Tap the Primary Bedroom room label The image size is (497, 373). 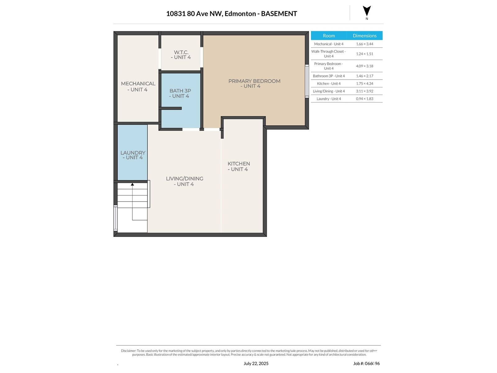[254, 84]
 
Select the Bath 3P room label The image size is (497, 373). [180, 93]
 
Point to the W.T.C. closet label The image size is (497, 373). [181, 55]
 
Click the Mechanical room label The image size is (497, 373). [138, 86]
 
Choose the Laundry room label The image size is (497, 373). [133, 155]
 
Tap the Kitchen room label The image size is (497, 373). [239, 167]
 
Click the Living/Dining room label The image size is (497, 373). [184, 182]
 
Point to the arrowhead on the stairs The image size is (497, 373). [132, 184]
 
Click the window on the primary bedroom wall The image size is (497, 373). [307, 81]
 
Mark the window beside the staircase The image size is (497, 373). [115, 218]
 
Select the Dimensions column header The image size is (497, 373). [364, 36]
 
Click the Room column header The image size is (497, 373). [329, 36]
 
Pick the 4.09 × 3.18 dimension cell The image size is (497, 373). [364, 66]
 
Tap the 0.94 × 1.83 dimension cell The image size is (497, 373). [364, 99]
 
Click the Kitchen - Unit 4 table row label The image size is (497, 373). [329, 84]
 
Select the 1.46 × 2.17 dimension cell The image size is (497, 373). [364, 76]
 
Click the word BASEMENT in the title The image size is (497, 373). [279, 14]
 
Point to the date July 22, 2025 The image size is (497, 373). [256, 363]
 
